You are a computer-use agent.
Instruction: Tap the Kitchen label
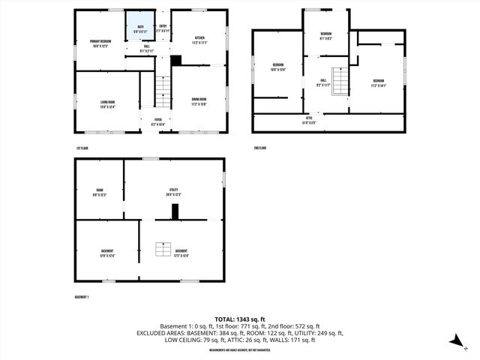tap(200, 40)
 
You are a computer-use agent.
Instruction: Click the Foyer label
tap(158, 121)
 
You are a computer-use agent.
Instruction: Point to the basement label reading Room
tap(100, 192)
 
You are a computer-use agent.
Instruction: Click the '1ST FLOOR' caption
tap(82, 148)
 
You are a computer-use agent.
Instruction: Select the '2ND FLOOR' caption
tap(259, 148)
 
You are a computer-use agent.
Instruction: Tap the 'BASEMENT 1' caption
tap(82, 298)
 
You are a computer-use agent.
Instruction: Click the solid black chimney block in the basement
tap(175, 212)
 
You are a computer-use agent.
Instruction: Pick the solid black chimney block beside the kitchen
tap(176, 61)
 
